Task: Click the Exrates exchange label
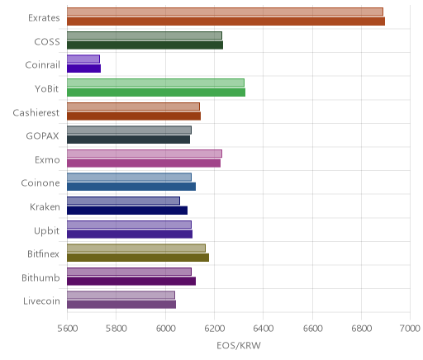pos(44,18)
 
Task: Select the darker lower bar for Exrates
pos(226,21)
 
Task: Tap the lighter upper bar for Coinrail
pos(83,59)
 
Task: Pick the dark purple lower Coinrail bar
pos(83,69)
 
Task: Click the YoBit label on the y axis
pos(47,89)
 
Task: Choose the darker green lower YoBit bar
pos(156,92)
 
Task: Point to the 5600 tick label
pos(68,329)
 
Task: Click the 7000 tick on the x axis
pos(410,329)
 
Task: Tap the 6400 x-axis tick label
pos(263,329)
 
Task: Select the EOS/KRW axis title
pos(239,345)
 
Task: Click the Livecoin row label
pos(41,301)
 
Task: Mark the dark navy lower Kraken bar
pos(127,211)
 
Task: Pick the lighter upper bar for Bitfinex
pos(136,248)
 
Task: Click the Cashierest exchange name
pos(36,113)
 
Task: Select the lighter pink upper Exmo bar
pos(145,154)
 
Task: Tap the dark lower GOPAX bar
pos(128,140)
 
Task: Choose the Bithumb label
pos(40,278)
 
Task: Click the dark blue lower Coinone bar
pos(131,187)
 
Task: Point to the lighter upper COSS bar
pos(145,36)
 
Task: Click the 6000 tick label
pos(165,329)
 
